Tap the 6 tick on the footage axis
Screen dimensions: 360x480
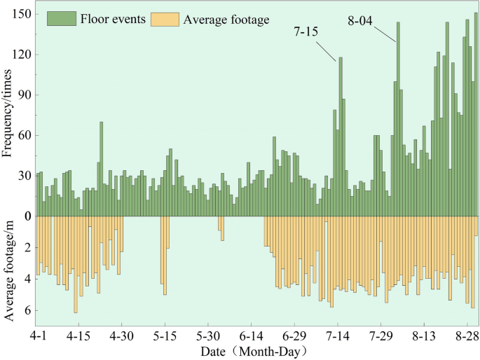pos(27,310)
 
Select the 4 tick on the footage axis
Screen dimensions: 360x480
pos(27,279)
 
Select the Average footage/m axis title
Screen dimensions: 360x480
pos(8,270)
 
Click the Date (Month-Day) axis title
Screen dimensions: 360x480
pos(252,350)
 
